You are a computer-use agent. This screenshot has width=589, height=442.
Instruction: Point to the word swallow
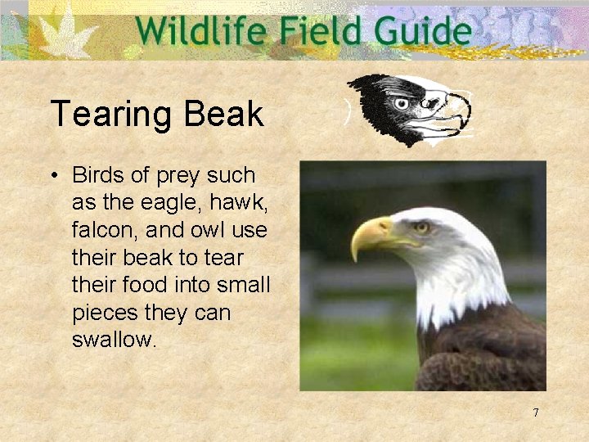(112, 341)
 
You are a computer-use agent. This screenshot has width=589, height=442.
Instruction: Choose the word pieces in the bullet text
(105, 313)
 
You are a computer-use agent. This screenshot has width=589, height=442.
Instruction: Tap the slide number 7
(536, 413)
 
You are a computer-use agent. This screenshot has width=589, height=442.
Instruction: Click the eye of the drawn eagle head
(400, 104)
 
